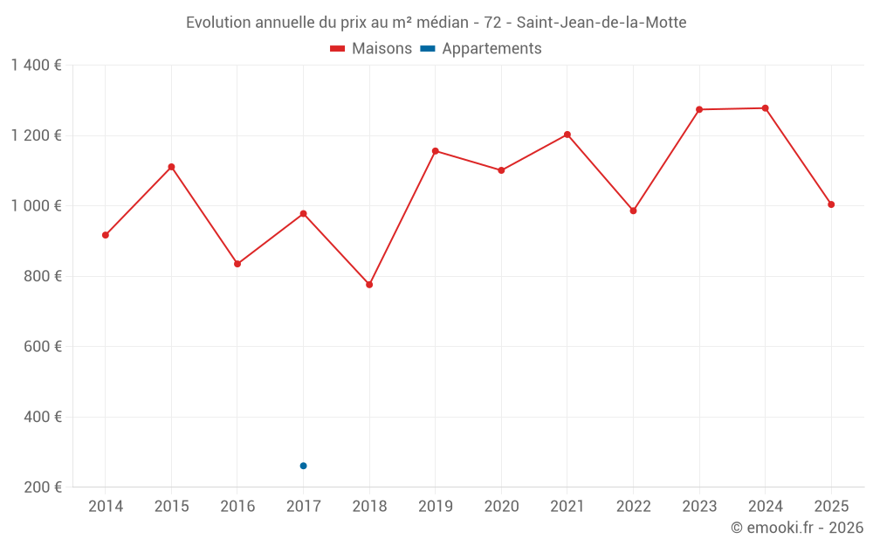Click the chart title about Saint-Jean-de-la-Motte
click(x=436, y=23)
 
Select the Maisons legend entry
click(x=371, y=49)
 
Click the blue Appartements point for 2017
click(x=303, y=466)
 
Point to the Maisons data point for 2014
click(x=106, y=235)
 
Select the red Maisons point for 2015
click(x=171, y=167)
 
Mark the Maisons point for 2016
click(x=237, y=264)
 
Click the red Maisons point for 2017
click(x=303, y=213)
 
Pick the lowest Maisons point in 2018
click(x=369, y=285)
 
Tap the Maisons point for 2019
click(x=436, y=151)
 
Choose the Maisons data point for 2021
click(x=567, y=135)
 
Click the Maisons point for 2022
click(x=633, y=211)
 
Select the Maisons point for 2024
click(x=766, y=108)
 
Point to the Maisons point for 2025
click(x=831, y=204)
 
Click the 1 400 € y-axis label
click(x=36, y=66)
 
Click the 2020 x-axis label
click(x=501, y=507)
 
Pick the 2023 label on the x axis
click(x=699, y=507)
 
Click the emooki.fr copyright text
click(x=796, y=528)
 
